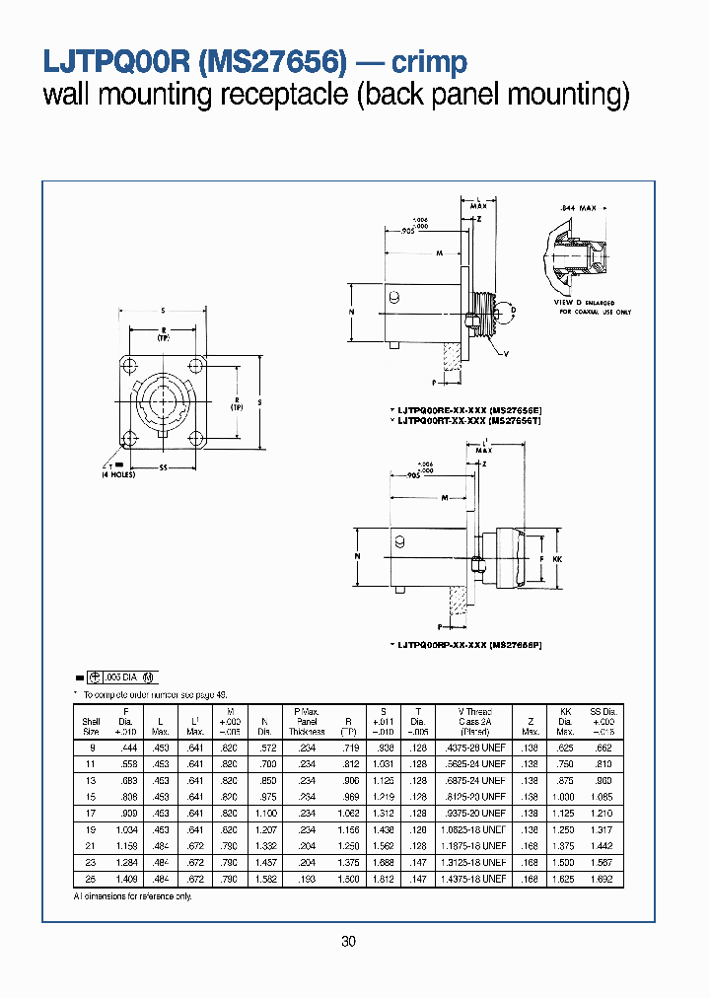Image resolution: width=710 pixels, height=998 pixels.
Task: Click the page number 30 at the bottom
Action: click(x=348, y=942)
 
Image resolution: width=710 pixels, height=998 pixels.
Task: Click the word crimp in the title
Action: click(x=429, y=62)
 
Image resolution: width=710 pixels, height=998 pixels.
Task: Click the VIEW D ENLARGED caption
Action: click(x=583, y=303)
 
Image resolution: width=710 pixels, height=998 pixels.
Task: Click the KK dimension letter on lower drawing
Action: click(x=558, y=559)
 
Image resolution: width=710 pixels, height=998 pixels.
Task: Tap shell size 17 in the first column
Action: click(x=91, y=813)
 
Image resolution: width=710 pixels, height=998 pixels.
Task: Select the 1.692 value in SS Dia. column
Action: click(x=602, y=878)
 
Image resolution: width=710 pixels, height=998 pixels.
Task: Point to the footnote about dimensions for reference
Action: click(x=133, y=895)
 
